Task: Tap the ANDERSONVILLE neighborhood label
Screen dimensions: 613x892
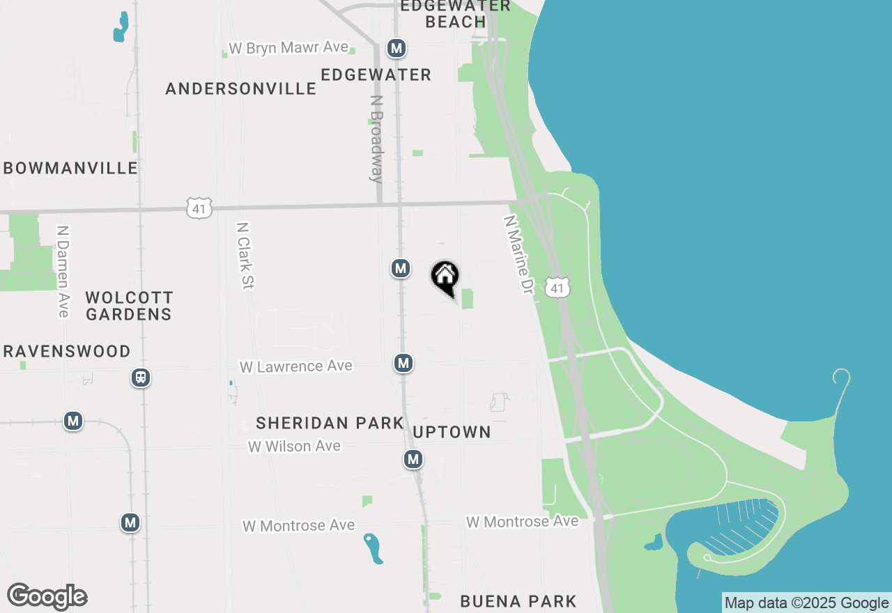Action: pos(241,88)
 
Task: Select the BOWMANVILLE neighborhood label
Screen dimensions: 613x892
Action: pos(70,168)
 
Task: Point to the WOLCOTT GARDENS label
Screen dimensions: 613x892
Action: pos(129,306)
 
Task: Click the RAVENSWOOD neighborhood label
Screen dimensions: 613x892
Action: pos(67,351)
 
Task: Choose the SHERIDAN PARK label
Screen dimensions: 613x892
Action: pos(330,423)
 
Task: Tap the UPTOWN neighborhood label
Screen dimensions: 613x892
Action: pos(452,432)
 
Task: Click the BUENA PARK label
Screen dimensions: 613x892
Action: pos(518,600)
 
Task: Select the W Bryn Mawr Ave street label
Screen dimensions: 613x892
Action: pos(289,47)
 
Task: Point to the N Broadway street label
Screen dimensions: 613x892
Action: pos(377,139)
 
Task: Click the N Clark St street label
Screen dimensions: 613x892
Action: pos(245,256)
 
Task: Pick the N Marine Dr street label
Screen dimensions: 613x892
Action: pos(518,254)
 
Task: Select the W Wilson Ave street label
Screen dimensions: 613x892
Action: pos(295,446)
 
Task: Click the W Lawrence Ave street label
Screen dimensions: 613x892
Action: pos(296,366)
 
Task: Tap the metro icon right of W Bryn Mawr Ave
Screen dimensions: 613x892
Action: pos(397,48)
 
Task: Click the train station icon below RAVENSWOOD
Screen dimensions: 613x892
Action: pos(141,378)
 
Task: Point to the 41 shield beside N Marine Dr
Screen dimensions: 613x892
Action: pos(558,288)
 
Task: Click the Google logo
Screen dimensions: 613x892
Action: pos(47,596)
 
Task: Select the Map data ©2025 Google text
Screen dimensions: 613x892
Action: pos(806,603)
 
